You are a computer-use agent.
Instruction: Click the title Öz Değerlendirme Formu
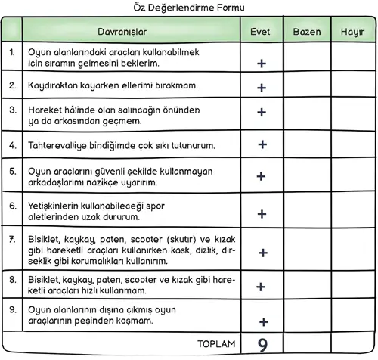[189, 8]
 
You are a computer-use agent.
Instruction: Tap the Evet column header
[262, 33]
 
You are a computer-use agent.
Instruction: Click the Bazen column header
[306, 33]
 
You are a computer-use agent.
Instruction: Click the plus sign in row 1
[262, 64]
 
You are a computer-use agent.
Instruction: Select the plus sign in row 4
[262, 143]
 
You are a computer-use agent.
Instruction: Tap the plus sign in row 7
[262, 252]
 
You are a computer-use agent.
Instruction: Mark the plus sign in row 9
[263, 321]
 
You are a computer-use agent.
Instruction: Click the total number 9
[262, 345]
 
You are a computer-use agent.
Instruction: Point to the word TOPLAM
[216, 345]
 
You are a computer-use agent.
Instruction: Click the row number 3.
[11, 110]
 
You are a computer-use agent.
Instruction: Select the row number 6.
[11, 204]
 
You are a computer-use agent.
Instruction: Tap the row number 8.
[11, 278]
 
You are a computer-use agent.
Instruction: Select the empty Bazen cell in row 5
[306, 175]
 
